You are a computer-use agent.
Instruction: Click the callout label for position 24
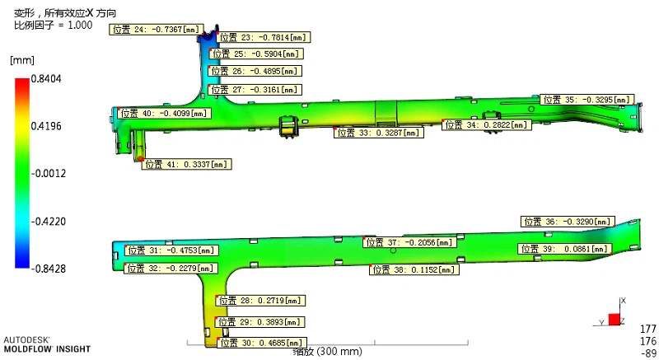(x=157, y=30)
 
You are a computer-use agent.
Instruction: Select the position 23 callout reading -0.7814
(x=264, y=37)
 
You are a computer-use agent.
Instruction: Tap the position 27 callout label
(x=255, y=90)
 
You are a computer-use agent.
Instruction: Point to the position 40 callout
(x=164, y=114)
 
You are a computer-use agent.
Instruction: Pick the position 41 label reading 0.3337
(x=187, y=164)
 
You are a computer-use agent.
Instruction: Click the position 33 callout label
(x=379, y=133)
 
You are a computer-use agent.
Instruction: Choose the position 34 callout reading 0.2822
(x=487, y=124)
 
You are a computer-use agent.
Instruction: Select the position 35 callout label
(x=587, y=100)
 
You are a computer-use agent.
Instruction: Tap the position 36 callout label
(x=568, y=222)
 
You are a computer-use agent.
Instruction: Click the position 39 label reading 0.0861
(x=564, y=249)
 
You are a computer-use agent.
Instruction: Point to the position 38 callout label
(x=414, y=269)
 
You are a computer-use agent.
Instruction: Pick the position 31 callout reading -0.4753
(x=171, y=250)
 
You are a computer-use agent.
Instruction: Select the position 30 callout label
(x=262, y=343)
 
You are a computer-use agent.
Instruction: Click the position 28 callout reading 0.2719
(x=260, y=301)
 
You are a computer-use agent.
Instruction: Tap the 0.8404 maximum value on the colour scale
(x=46, y=78)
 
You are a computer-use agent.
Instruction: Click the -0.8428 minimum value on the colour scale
(x=49, y=269)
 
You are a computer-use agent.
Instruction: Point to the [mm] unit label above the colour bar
(x=22, y=60)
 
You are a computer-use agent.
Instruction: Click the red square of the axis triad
(x=614, y=320)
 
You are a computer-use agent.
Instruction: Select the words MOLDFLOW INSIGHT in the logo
(x=47, y=349)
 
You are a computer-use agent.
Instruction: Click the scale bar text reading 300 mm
(x=339, y=351)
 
